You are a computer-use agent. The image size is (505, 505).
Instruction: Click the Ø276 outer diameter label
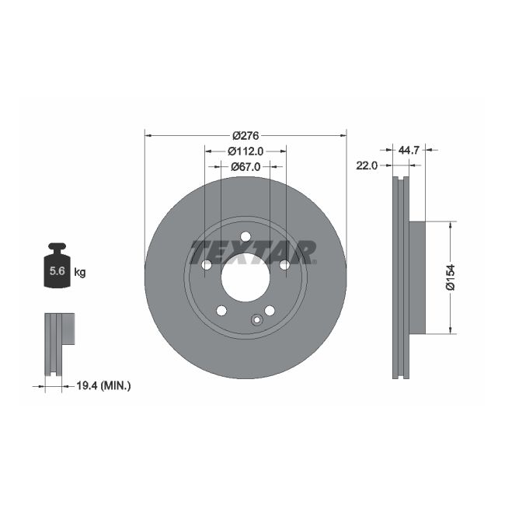pos(245,135)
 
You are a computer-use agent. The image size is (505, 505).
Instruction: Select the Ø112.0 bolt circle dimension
pos(246,151)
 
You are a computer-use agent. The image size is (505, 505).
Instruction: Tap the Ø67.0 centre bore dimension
pos(245,166)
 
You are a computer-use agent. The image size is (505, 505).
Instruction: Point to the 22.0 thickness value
pos(367,165)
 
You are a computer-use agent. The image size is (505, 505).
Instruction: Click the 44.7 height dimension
pos(409,151)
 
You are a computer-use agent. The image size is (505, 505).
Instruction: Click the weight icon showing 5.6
pos(57,266)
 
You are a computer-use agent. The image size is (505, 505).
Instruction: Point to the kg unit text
pos(79,272)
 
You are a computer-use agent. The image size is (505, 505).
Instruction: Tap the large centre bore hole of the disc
pos(245,277)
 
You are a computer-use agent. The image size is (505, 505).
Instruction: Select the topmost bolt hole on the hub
pos(246,237)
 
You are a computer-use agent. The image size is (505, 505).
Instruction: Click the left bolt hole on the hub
pos(207,266)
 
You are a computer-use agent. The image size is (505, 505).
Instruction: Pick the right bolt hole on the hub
pos(284,266)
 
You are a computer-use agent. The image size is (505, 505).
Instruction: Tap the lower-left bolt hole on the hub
pos(221,311)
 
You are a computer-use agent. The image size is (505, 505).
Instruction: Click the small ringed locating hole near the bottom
pos(256,319)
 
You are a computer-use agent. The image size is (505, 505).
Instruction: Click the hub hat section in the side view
pos(416,277)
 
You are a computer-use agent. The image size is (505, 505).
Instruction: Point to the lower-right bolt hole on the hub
pos(270,311)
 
